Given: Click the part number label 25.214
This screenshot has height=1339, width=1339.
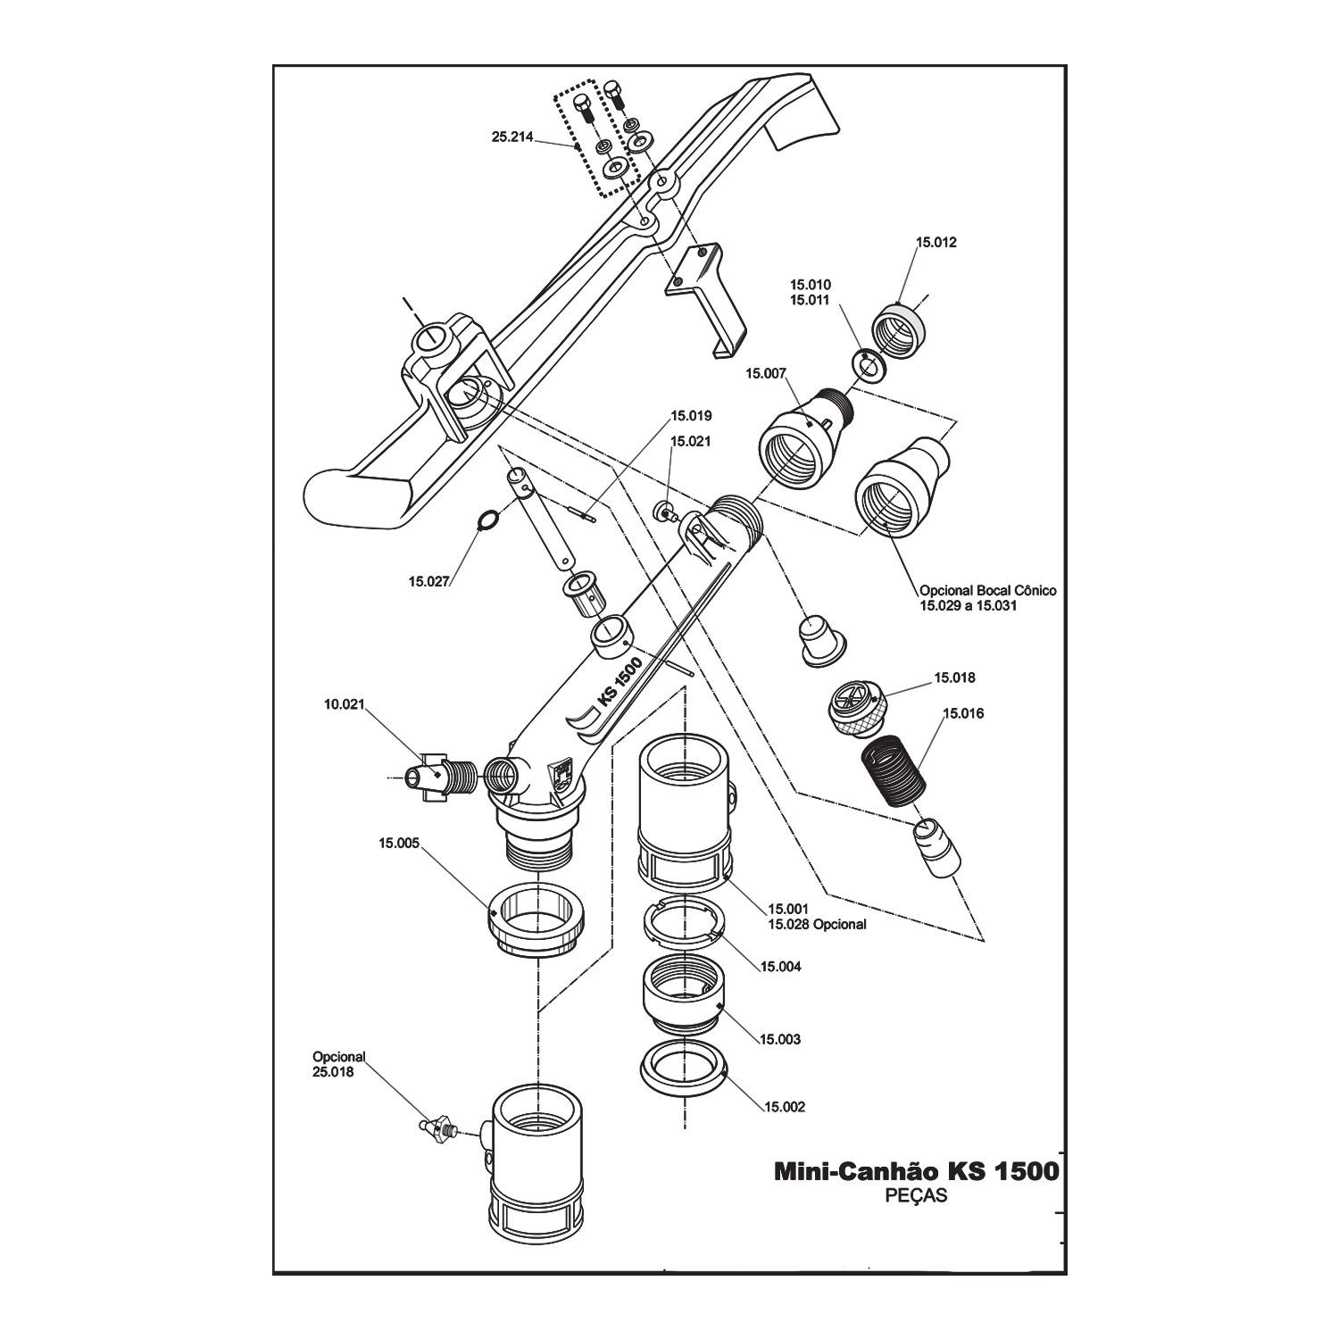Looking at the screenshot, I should pos(512,137).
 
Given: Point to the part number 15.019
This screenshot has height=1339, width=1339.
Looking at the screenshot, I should pos(691,416).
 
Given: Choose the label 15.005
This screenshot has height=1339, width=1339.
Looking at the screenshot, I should pos(399,843).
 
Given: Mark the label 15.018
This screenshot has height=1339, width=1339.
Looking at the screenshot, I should pos(954,678).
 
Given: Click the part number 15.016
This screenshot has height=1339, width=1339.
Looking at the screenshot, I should pos(964,714).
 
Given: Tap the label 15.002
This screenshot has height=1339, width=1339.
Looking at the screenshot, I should pos(784,1107).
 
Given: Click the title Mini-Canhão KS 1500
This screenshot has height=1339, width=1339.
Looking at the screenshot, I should pos(916,1172).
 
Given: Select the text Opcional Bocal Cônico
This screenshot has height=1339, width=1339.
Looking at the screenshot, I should pos(987,591).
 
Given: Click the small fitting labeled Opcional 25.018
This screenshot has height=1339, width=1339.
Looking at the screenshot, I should pos(438,1129).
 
